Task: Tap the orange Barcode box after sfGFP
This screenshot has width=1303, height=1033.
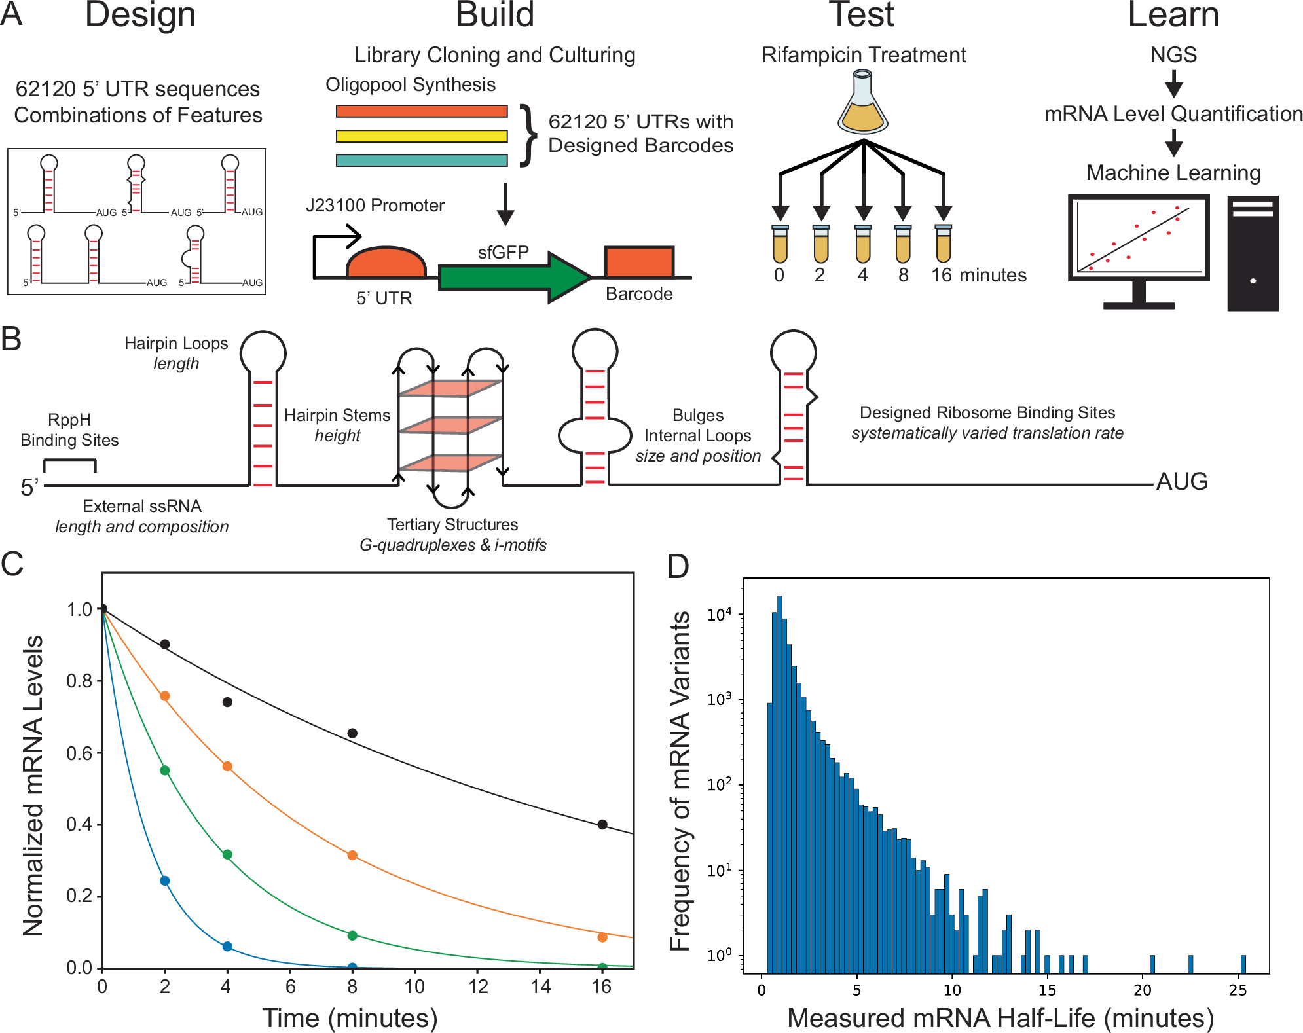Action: point(638,263)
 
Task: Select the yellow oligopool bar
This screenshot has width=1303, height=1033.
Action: point(422,136)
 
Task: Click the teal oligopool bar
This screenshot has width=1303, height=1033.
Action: point(422,160)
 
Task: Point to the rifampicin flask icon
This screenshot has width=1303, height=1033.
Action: point(863,105)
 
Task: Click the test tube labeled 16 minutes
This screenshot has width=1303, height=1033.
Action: point(943,244)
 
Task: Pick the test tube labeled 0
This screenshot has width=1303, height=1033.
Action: point(779,244)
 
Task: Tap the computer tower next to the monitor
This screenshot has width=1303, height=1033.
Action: point(1253,253)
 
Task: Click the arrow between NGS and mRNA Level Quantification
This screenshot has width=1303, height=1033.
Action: point(1173,83)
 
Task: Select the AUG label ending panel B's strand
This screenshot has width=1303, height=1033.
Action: point(1182,482)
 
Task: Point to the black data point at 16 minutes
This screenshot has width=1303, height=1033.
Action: point(602,824)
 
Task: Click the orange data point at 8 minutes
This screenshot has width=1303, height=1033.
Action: point(352,855)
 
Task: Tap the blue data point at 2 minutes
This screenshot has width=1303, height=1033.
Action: point(165,880)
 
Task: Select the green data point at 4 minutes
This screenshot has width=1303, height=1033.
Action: point(227,854)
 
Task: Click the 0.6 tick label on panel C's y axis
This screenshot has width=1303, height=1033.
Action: point(79,753)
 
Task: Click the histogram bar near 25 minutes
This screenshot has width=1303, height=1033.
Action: point(1243,964)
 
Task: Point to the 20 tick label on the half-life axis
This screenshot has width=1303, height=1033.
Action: point(1143,990)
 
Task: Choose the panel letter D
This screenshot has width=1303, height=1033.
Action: point(678,567)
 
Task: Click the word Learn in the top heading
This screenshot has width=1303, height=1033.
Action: point(1173,14)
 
